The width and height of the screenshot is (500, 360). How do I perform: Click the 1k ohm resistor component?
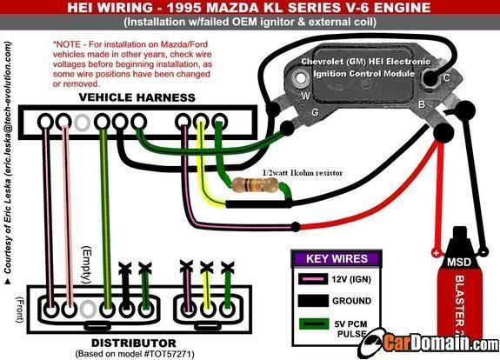click(255, 185)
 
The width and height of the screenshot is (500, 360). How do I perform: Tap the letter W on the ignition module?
click(305, 96)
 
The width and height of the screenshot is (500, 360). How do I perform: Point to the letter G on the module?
click(315, 112)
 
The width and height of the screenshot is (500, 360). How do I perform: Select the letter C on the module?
click(447, 77)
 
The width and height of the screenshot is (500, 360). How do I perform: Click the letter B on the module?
click(422, 104)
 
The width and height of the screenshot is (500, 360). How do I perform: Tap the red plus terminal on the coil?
click(437, 253)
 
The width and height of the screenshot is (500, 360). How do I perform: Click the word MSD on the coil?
click(459, 262)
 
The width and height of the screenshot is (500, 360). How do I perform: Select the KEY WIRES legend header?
click(337, 258)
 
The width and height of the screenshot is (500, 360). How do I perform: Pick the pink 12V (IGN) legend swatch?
click(313, 279)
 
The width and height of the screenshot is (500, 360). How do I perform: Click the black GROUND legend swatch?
click(313, 301)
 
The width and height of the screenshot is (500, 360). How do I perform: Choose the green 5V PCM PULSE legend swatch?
click(314, 324)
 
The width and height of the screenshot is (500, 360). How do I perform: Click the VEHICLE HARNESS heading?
click(137, 97)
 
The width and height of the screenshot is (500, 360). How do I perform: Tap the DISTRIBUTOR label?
click(134, 343)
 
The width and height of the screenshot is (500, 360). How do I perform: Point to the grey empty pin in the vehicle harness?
click(82, 123)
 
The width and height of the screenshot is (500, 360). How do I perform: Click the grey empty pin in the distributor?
click(88, 309)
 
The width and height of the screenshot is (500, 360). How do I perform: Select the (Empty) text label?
click(87, 264)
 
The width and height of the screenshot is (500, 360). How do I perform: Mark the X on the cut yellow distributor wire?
click(207, 267)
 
